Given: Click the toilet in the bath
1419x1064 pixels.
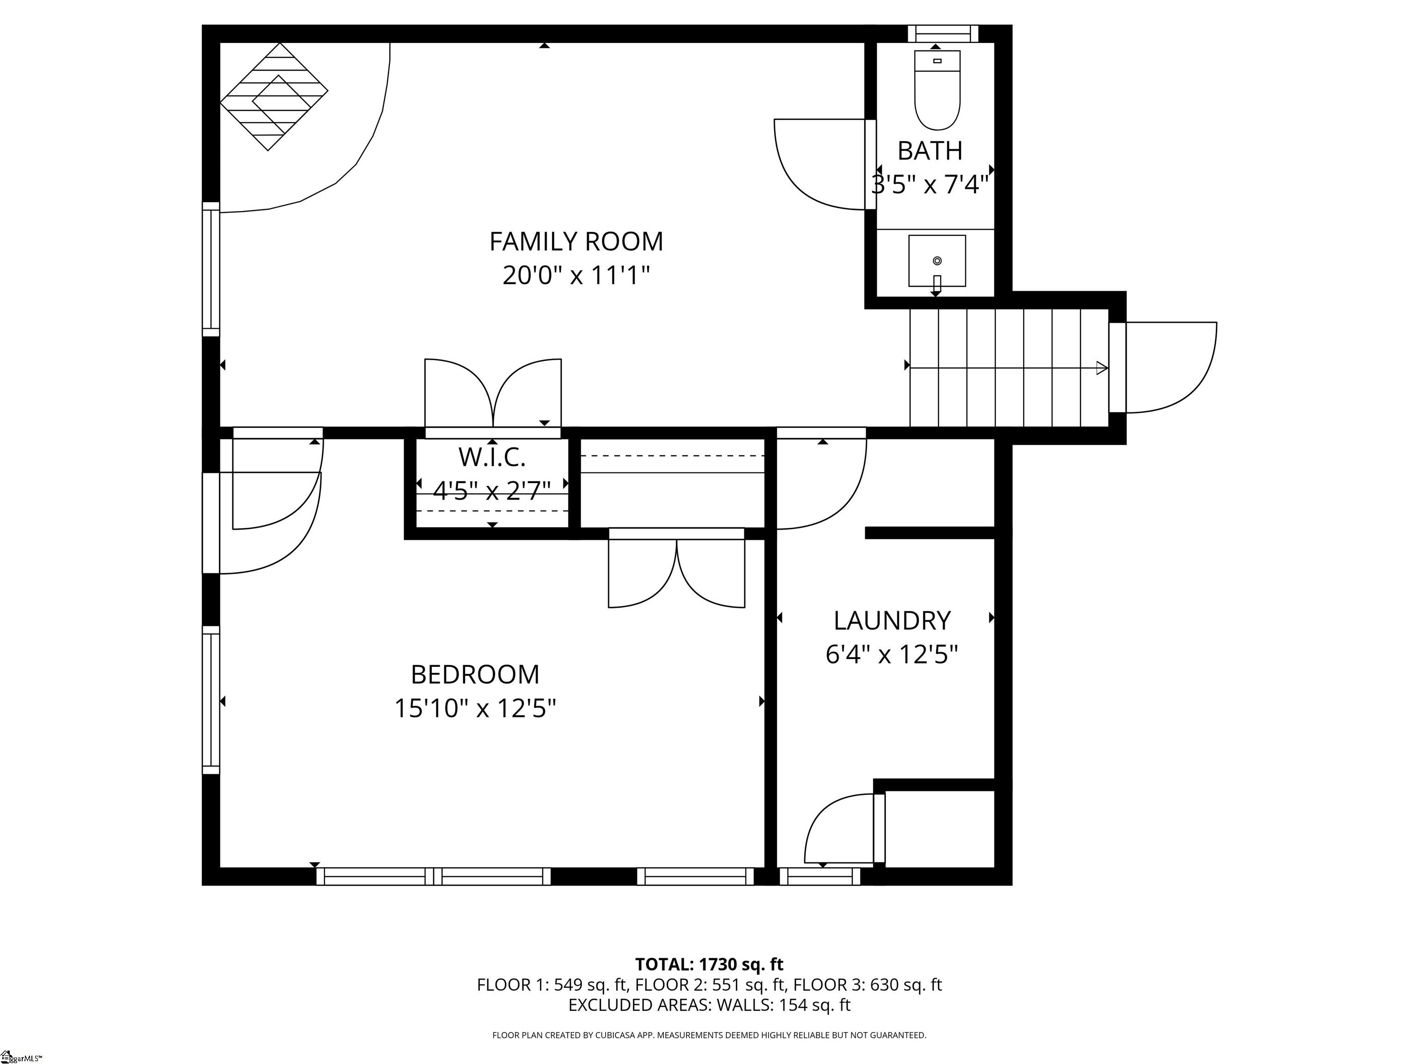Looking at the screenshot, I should pyautogui.click(x=937, y=91).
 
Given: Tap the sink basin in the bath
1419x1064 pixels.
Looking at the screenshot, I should pyautogui.click(x=937, y=261).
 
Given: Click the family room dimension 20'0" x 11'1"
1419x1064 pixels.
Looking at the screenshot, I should pyautogui.click(x=576, y=276).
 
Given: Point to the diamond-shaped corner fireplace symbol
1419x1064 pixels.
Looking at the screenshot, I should pyautogui.click(x=274, y=97).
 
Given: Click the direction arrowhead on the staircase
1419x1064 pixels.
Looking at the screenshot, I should pyautogui.click(x=1102, y=368).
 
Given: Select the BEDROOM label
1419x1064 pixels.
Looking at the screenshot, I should pyautogui.click(x=475, y=675).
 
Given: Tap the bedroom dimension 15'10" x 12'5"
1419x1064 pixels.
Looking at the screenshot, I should pyautogui.click(x=475, y=709).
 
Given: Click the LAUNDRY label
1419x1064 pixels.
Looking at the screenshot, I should pyautogui.click(x=891, y=621).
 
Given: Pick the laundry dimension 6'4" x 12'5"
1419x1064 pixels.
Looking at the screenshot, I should pyautogui.click(x=891, y=655).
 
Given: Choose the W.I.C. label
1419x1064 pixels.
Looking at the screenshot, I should pyautogui.click(x=492, y=457).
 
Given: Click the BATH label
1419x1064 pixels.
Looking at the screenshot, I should pyautogui.click(x=929, y=151).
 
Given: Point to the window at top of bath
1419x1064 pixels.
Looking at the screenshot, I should pyautogui.click(x=943, y=33).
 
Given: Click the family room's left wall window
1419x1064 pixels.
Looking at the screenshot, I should pyautogui.click(x=211, y=269).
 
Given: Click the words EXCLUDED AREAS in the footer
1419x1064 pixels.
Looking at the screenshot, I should pyautogui.click(x=638, y=1005).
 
